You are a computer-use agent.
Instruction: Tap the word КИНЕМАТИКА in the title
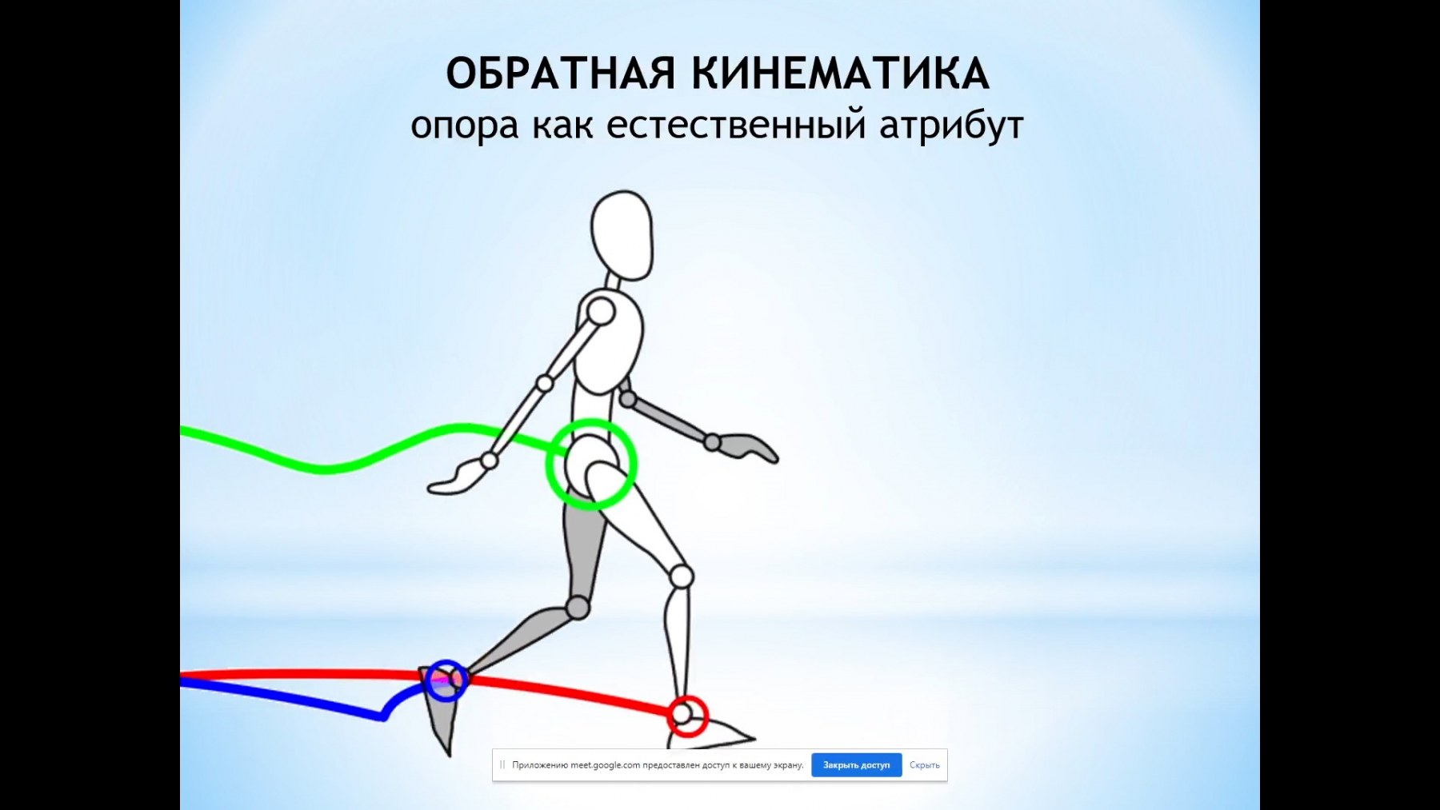(841, 74)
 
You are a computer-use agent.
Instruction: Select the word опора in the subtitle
(464, 126)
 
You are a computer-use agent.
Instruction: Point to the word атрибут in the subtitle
(951, 126)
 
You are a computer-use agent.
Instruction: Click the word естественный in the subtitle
(736, 125)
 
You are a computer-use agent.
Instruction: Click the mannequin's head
(622, 235)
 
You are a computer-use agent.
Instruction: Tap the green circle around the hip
(591, 421)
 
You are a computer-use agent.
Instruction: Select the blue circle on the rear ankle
(446, 662)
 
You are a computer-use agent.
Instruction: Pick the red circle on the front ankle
(688, 696)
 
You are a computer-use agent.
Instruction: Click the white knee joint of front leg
(681, 576)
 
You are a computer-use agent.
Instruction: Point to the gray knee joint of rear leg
(578, 608)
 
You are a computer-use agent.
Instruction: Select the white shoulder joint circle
(601, 311)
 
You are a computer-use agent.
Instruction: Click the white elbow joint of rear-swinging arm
(545, 384)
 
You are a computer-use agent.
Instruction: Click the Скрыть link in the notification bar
(924, 765)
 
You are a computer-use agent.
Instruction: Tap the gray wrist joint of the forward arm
(712, 442)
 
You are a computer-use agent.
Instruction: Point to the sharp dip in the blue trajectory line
(383, 716)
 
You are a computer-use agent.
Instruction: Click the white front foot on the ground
(712, 733)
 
